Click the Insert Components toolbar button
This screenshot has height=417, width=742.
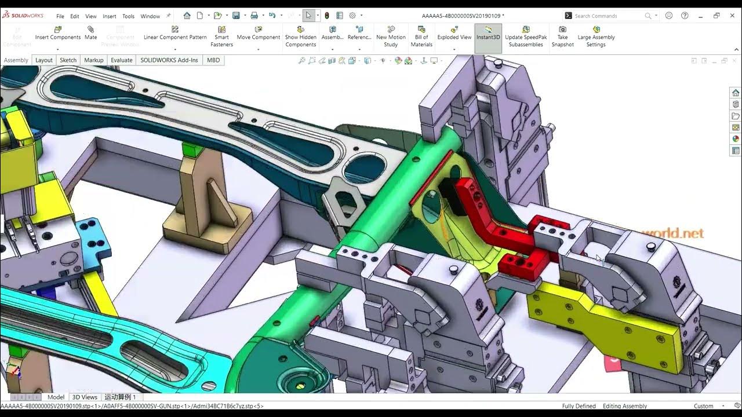pos(58,34)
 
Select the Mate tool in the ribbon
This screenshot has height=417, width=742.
pos(90,34)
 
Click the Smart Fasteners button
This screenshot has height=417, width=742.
pos(221,36)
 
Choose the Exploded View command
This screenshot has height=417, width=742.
pos(454,34)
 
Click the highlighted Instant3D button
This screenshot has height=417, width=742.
pos(488,34)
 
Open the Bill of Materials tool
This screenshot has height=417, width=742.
pos(421,36)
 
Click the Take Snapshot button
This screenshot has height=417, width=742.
pos(562,36)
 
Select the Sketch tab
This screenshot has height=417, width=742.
pos(68,60)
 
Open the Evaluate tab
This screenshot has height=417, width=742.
pos(121,60)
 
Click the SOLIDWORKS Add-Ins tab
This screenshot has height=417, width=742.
pos(169,60)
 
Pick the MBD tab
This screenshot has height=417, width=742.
pos(213,60)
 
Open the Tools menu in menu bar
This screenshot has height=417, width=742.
pos(128,16)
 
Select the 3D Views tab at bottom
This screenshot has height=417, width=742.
pos(85,397)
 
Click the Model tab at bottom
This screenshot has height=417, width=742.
pos(56,397)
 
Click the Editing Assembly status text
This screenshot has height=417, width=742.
pos(624,406)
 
